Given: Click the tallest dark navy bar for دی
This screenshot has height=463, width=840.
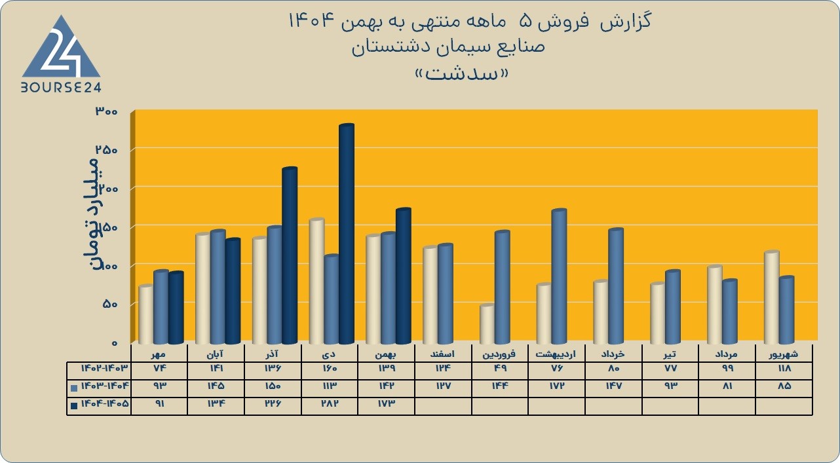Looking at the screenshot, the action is click(347, 234).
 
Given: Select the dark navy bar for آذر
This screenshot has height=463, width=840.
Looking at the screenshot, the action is click(290, 255).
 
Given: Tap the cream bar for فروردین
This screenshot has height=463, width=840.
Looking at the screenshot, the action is click(487, 324).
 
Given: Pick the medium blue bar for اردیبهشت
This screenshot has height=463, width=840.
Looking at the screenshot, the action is click(559, 276).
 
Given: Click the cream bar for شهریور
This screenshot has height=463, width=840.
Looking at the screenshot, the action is click(772, 297).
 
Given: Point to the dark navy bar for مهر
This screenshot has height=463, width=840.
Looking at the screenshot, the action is click(176, 308).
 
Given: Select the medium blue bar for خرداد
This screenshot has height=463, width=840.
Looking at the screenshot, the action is click(616, 286).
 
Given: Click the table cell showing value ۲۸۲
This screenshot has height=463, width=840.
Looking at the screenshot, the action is click(329, 404).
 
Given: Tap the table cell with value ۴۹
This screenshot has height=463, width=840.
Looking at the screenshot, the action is click(500, 369).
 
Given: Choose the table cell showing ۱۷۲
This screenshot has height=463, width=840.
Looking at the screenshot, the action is click(557, 386).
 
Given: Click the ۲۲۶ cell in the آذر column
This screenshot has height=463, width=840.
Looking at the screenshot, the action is click(273, 404).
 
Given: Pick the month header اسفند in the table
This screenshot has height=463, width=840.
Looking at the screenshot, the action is click(443, 354).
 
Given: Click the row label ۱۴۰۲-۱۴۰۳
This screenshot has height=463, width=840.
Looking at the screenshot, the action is click(105, 369).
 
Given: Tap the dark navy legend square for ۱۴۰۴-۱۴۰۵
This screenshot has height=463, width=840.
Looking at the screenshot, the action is click(74, 405).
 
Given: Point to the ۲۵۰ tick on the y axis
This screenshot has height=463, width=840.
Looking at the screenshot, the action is click(107, 150).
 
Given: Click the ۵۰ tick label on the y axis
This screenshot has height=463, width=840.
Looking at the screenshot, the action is click(111, 305).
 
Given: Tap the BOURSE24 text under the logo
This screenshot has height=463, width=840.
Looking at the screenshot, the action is click(61, 88).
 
